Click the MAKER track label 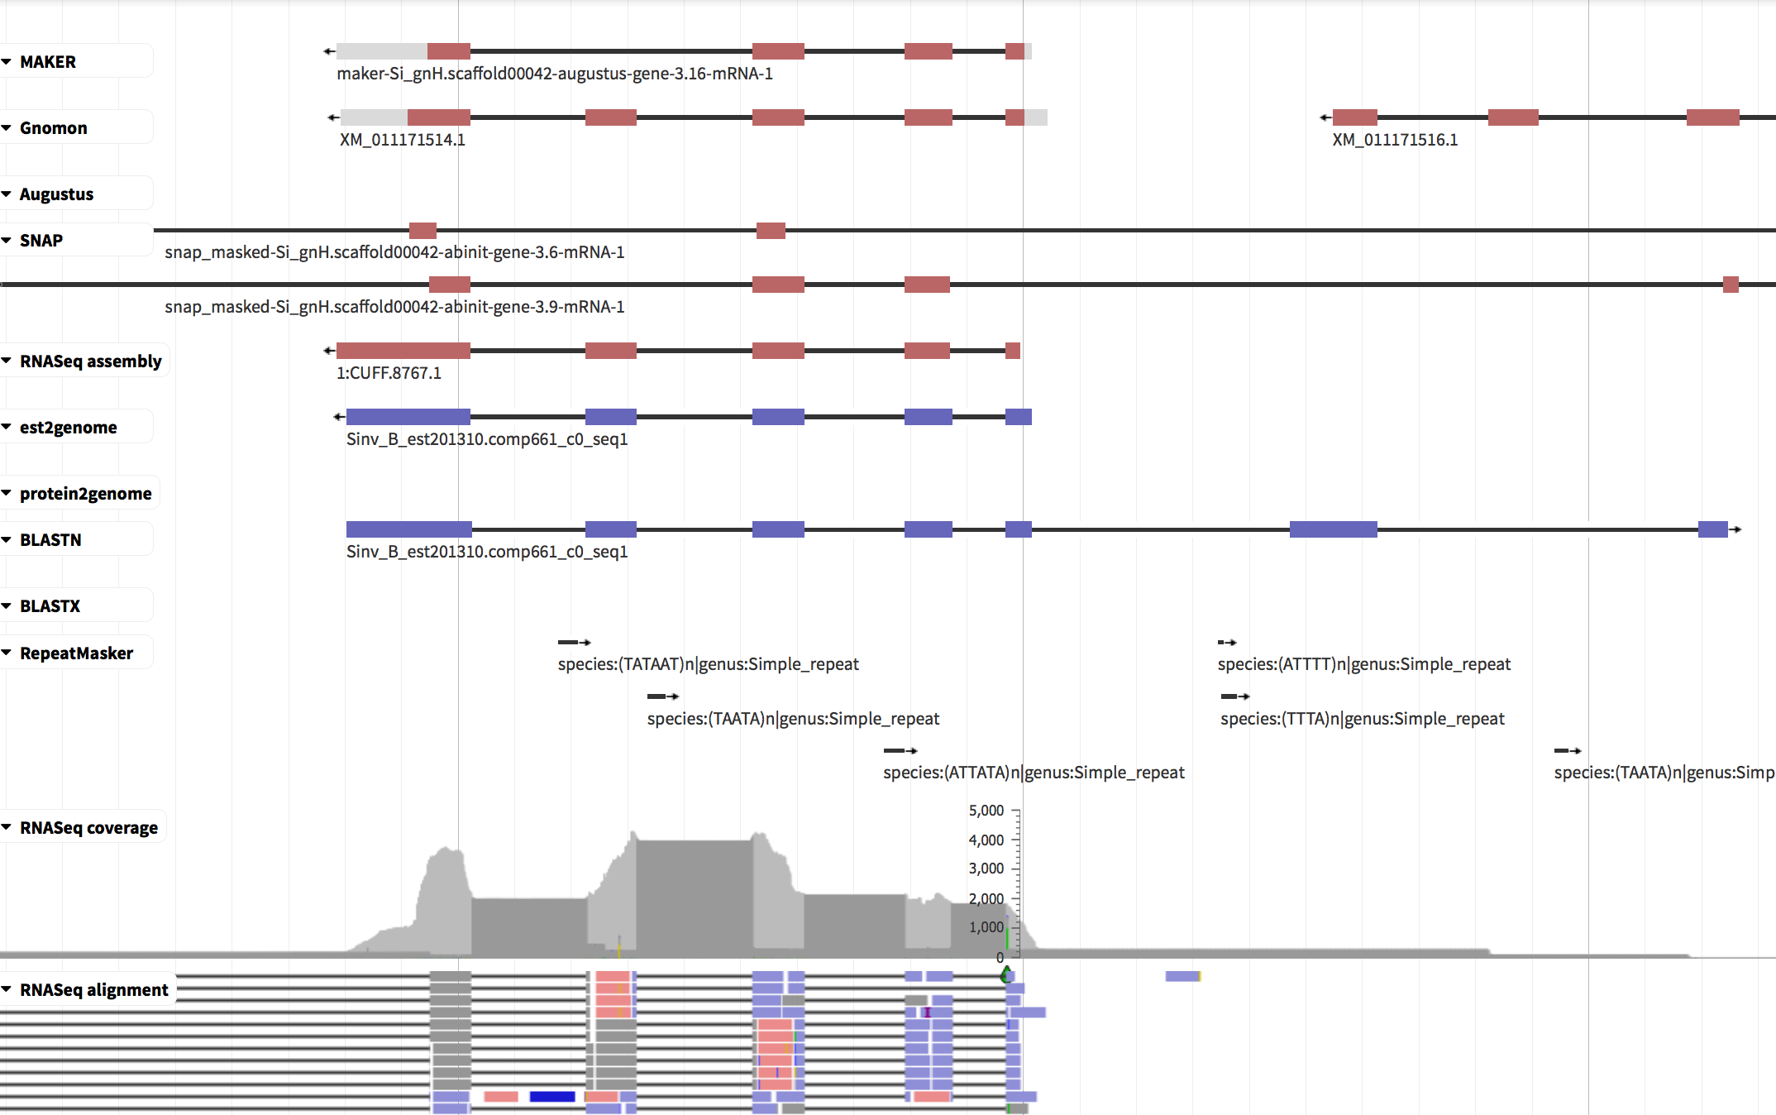coord(47,62)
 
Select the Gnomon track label coord(53,128)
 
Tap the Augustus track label coord(56,194)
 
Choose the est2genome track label coord(68,428)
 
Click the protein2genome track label coord(85,494)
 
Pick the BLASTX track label coord(50,606)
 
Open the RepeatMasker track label coord(76,653)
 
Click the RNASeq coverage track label coord(88,828)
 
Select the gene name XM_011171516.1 coord(1395,140)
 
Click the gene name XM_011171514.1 coord(403,140)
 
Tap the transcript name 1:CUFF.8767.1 coord(389,373)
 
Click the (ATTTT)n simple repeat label coord(1364,664)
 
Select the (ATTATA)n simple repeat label coord(1034,773)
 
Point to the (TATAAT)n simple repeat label coord(709,664)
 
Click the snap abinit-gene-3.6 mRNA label coord(394,252)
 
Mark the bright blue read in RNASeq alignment coord(552,1097)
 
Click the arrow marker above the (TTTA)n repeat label coord(1235,696)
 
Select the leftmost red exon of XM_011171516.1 coord(1355,117)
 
